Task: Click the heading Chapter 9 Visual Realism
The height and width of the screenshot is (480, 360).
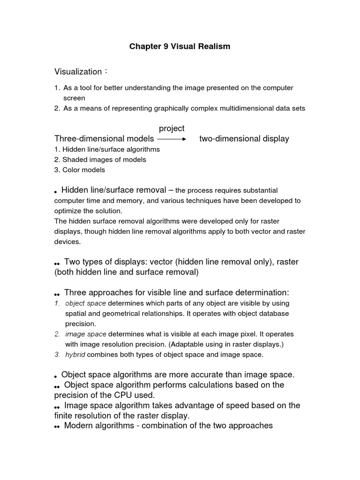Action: coord(180,47)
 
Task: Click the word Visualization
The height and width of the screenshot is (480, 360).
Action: coord(78,72)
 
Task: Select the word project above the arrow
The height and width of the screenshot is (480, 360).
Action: coord(172,128)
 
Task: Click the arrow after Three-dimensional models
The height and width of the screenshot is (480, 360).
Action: coord(172,139)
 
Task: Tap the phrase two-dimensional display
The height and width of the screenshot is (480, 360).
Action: coord(244,139)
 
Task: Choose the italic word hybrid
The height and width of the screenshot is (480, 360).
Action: coord(75,355)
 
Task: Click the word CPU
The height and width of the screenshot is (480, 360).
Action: coord(124,395)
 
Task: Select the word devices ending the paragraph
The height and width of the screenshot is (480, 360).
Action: coord(67,242)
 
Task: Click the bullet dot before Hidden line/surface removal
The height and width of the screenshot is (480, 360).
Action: coord(56,192)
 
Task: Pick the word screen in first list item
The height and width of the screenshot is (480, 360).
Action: coord(75,98)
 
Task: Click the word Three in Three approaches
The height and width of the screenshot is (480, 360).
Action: coord(75,292)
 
